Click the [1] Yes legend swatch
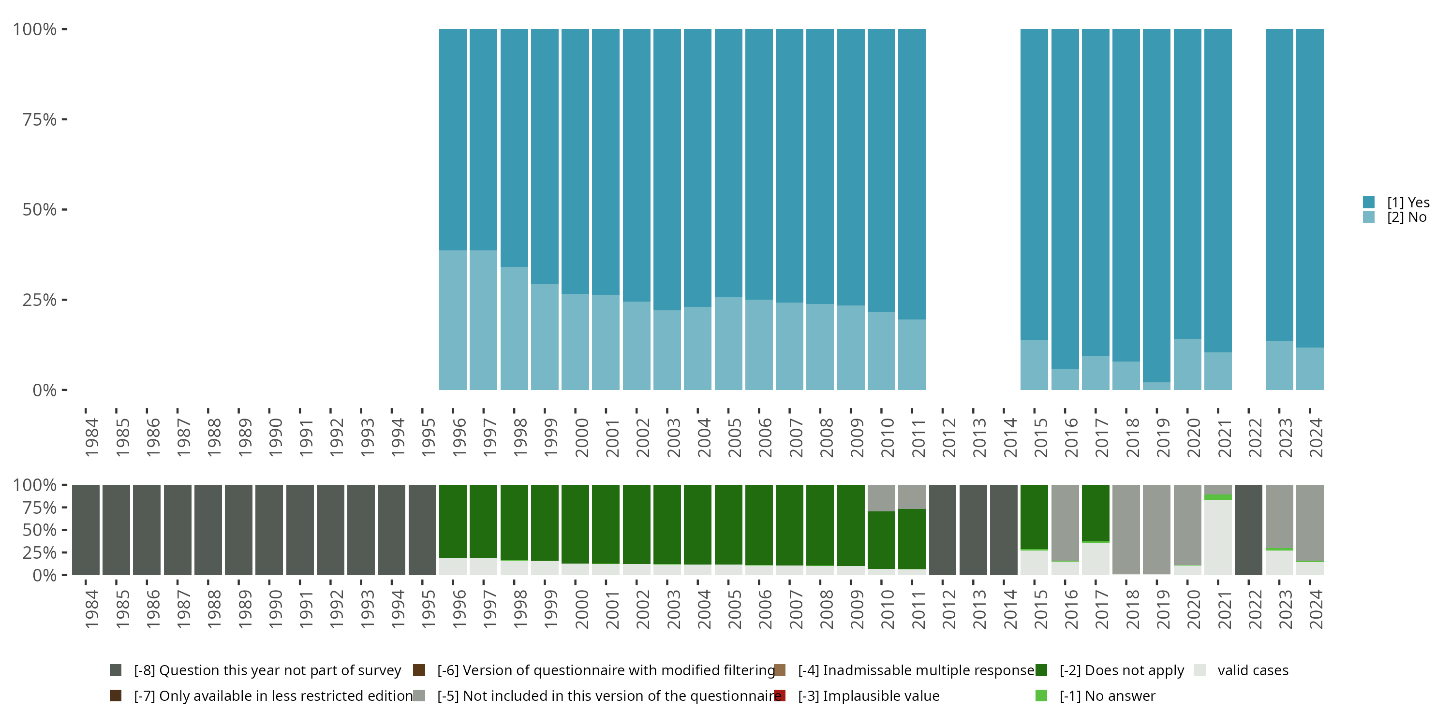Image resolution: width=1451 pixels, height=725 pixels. click(1369, 203)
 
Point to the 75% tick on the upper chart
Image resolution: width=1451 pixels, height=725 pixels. click(64, 119)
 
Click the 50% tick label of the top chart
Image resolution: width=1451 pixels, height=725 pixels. click(40, 210)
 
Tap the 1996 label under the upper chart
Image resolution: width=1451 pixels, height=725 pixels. click(459, 437)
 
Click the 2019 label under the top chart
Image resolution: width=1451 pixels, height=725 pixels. click(1163, 437)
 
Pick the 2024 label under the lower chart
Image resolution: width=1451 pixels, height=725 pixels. click(1315, 609)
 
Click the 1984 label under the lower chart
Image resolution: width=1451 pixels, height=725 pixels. click(91, 609)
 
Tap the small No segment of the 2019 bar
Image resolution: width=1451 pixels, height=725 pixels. click(1156, 386)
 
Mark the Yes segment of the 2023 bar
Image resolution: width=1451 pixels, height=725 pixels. click(1279, 186)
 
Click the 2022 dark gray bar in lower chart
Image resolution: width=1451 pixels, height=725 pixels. click(1248, 530)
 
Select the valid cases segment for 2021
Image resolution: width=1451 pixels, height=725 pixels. click(1218, 537)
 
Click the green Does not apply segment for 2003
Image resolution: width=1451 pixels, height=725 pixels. click(667, 523)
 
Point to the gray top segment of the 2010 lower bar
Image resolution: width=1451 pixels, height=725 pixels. click(881, 498)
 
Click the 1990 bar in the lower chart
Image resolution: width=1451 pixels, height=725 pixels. click(269, 530)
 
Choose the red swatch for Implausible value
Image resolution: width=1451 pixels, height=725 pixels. click(780, 696)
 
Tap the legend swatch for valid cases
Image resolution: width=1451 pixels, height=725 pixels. click(1200, 670)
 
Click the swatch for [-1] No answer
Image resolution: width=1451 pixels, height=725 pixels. click(1041, 696)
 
